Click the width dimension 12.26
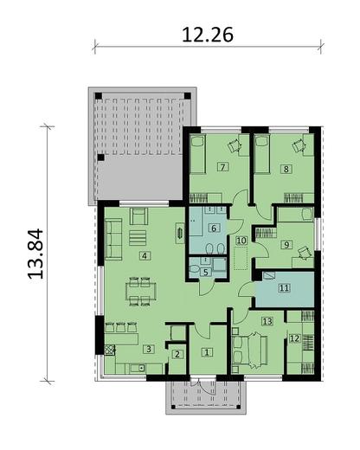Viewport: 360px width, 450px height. (209, 35)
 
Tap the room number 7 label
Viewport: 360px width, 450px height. (222, 166)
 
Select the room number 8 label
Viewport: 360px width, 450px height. (286, 169)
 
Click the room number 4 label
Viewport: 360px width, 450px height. (145, 254)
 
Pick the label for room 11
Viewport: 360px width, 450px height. (283, 288)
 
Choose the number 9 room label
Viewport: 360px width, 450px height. (286, 245)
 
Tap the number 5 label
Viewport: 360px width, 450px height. (204, 272)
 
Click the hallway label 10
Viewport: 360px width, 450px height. (241, 239)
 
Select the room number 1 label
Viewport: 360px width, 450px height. (207, 351)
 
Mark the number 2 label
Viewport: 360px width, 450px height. (176, 353)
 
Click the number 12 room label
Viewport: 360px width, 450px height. (294, 338)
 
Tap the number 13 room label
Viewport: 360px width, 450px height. (267, 321)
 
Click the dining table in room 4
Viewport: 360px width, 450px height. (137, 290)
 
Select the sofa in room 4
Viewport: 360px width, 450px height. (113, 235)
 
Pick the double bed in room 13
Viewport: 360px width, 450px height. (251, 350)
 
